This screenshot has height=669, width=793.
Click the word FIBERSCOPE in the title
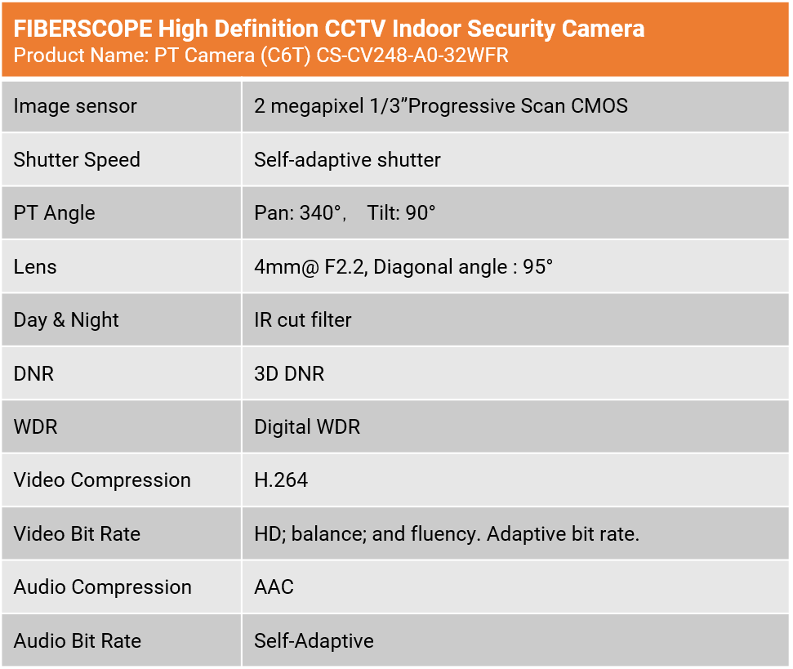[x=83, y=29]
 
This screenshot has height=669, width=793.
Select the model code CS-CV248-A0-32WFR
[x=412, y=55]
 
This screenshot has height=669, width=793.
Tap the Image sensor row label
[x=75, y=106]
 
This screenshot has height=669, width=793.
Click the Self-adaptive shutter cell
[x=347, y=160]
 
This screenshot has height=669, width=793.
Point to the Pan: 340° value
[x=299, y=213]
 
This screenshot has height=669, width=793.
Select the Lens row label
[x=35, y=266]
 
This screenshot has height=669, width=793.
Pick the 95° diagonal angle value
[x=537, y=266]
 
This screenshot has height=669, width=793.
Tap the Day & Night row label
[x=66, y=320]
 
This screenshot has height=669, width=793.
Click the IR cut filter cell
[x=303, y=320]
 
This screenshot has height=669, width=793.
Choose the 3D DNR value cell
[x=289, y=373]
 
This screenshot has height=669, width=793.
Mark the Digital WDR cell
[x=308, y=426]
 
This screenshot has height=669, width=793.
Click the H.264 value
[x=281, y=479]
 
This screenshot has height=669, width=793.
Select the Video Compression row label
[x=102, y=479]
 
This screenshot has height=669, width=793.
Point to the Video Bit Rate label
[x=77, y=534]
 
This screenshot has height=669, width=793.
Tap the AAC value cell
[x=274, y=587]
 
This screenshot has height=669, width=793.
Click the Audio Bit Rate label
[x=78, y=640]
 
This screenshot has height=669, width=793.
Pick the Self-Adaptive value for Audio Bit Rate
[x=314, y=640]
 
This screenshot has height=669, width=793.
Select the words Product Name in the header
[x=79, y=55]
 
